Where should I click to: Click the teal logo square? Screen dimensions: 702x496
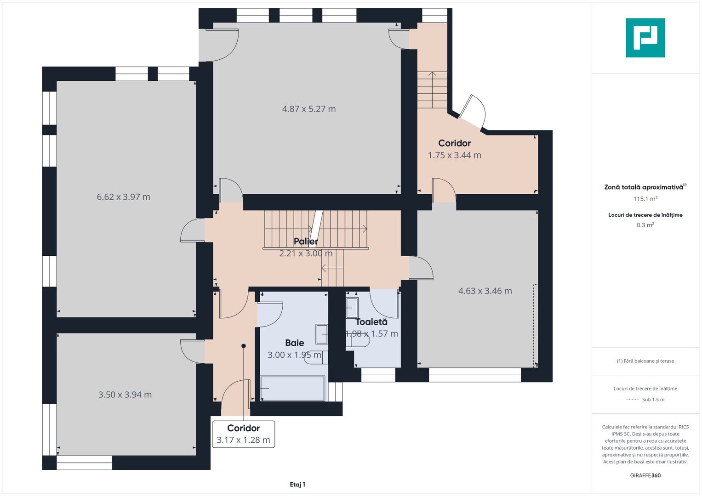645,38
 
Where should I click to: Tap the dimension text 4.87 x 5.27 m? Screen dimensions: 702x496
308,109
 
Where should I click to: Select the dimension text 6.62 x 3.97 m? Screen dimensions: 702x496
123,197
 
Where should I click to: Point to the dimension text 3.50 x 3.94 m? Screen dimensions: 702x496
125,395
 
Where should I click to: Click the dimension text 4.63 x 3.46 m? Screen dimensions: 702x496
485,291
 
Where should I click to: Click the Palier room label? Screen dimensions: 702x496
306,242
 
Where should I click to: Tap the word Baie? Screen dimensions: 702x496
295,343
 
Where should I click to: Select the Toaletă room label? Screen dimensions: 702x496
371,322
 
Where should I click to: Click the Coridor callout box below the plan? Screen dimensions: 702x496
244,434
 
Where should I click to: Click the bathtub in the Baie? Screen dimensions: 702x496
292,388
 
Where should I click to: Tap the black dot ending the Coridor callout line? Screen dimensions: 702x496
244,346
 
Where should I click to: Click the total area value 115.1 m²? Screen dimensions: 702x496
645,198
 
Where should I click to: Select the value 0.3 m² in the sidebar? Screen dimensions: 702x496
645,225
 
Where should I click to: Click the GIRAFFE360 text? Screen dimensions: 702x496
645,475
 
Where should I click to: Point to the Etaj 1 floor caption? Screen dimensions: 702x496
297,485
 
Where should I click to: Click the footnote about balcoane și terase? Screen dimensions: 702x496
645,361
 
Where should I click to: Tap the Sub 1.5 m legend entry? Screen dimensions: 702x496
653,400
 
